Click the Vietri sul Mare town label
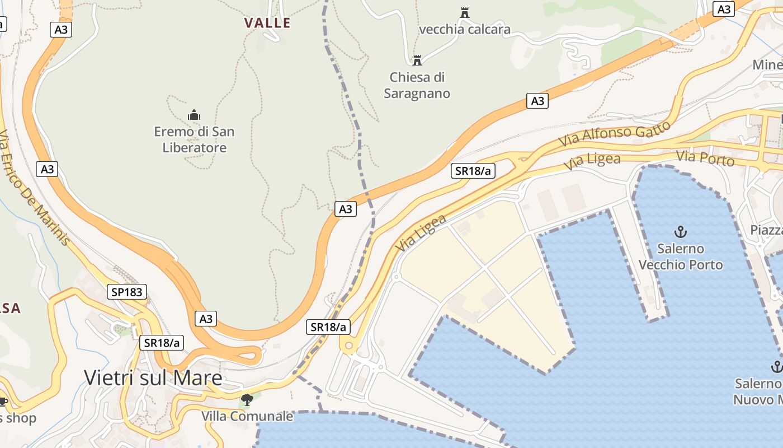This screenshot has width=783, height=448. click(153, 378)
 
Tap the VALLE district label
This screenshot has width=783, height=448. click(267, 23)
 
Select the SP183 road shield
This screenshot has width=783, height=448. click(127, 292)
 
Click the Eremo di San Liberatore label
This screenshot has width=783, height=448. click(194, 140)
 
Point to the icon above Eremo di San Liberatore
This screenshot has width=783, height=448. click(194, 115)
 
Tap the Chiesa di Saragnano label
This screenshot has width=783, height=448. click(417, 85)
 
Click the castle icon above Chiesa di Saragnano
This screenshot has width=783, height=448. click(417, 60)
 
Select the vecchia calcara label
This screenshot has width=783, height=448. click(464, 30)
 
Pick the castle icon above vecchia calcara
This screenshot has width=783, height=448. click(464, 12)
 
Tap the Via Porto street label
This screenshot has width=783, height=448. click(705, 158)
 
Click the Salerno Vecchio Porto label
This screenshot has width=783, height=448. click(681, 256)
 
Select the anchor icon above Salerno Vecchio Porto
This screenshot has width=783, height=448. click(681, 231)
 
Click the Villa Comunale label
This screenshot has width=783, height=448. click(247, 417)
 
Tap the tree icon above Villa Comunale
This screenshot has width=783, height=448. click(247, 400)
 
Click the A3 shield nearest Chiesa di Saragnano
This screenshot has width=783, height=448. click(537, 101)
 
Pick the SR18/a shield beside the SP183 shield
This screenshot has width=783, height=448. click(162, 343)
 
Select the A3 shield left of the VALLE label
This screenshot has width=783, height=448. click(61, 30)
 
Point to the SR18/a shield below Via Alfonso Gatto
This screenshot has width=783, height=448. click(473, 171)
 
